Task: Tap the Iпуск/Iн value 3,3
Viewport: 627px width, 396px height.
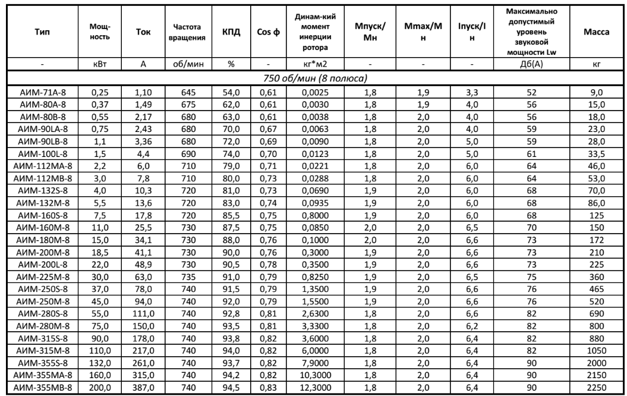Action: [464, 92]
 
